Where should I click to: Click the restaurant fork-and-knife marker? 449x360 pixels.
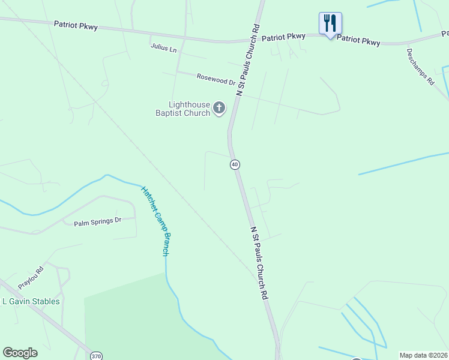330,24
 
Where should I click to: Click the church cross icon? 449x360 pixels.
219,109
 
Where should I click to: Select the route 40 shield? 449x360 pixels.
235,164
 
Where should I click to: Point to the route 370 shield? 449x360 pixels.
96,356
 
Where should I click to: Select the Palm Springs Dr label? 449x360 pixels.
97,223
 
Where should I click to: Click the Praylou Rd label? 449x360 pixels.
31,277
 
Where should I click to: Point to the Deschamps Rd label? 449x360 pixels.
420,67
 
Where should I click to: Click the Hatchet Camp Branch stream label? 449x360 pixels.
155,221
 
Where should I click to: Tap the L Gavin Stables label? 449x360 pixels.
31,301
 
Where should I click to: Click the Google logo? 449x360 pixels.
20,353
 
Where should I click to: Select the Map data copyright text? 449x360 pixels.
423,355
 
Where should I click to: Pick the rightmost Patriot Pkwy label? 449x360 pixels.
358,40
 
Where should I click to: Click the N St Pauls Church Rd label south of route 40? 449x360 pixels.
258,263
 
